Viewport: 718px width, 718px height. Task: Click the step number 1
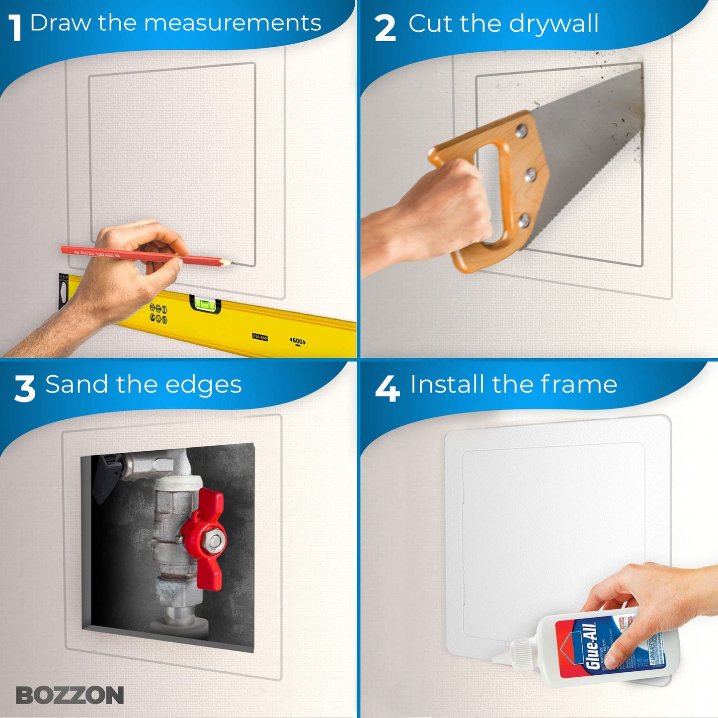coord(16,28)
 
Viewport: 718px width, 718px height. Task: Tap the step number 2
coord(385,29)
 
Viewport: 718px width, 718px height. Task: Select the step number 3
coord(25,389)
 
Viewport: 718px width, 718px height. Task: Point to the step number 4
coord(387,389)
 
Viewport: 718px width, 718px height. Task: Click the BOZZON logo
coord(70,695)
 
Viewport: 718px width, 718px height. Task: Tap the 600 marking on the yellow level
coord(297,341)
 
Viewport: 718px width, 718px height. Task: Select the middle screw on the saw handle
coord(531,174)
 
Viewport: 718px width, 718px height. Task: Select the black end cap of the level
coord(63,290)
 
